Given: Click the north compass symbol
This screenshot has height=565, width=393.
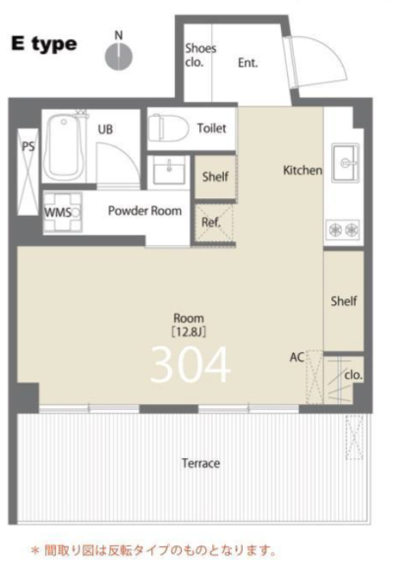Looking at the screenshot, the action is point(119,56).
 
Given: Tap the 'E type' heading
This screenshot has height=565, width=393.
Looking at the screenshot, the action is point(44,44).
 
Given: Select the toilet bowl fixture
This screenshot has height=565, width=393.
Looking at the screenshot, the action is point(169,128).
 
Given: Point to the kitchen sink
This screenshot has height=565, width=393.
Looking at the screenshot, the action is point(346,163).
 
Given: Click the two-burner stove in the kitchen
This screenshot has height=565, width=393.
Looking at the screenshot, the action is point(343,230).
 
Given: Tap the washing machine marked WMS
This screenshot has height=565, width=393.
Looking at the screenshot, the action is point(63,212).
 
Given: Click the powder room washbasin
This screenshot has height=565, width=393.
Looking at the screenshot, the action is point(169,170).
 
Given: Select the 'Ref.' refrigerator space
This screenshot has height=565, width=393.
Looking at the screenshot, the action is point(211,223).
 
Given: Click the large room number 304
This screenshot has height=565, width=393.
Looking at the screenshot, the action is point(191,365).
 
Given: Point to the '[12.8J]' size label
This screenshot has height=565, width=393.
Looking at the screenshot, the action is point(189,332).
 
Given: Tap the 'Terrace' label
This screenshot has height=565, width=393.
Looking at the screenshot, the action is point(200,463).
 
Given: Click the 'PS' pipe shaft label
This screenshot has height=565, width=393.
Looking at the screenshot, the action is point(28,147).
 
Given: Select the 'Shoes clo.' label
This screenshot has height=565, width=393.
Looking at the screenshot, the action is point(200,55).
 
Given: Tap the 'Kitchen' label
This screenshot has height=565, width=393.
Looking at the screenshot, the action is point(303,170).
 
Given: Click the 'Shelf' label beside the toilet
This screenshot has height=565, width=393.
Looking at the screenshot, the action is point(215,177).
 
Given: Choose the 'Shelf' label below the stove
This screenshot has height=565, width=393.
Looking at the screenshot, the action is point(344,301).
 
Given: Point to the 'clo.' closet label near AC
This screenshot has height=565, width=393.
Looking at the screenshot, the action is point(354,375).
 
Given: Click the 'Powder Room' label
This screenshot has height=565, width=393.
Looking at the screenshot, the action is point(144,211).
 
